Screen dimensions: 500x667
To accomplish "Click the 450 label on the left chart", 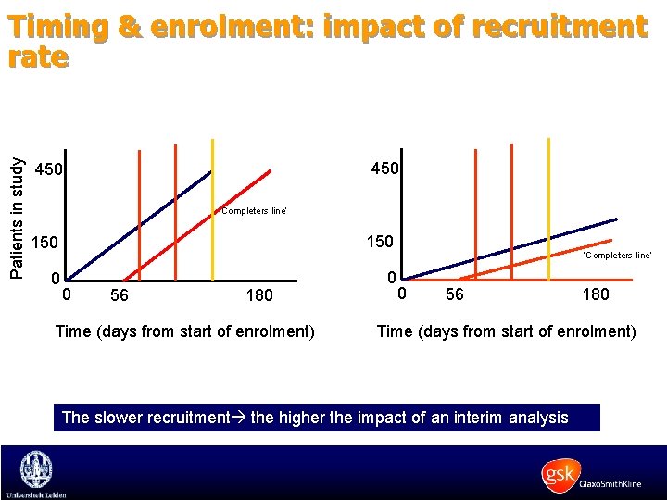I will (48, 170).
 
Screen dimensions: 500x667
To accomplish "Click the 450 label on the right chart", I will (384, 169).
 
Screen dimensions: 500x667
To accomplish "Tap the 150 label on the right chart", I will (379, 242).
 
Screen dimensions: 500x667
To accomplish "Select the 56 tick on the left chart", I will (119, 296).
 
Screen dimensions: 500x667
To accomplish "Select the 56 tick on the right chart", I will (455, 294).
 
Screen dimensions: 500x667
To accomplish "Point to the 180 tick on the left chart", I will (259, 296).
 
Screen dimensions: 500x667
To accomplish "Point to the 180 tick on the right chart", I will (595, 294).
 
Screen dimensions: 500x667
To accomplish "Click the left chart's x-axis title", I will (185, 331).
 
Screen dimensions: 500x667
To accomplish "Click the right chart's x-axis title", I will (506, 331).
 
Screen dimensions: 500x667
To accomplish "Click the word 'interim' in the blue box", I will (467, 418).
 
